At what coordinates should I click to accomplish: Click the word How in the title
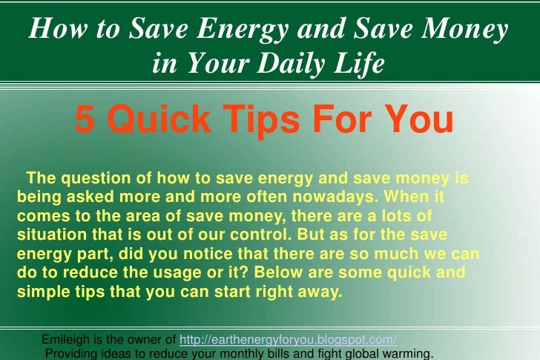tap(58, 28)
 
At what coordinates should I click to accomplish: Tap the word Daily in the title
tap(291, 63)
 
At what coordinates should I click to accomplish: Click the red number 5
tap(85, 120)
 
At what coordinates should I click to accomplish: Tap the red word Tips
tap(261, 120)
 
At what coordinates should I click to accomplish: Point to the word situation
tap(52, 235)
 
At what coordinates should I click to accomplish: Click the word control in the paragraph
tap(260, 235)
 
